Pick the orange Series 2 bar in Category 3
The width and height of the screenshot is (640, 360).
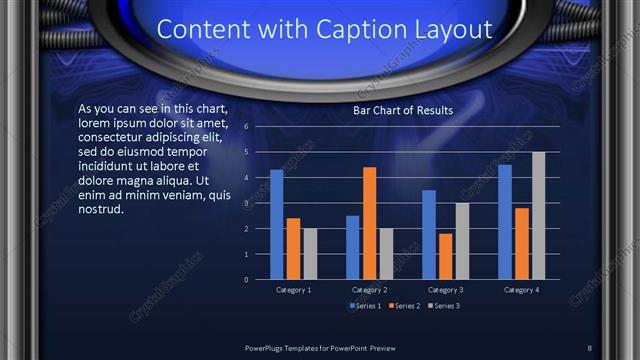pos(445,256)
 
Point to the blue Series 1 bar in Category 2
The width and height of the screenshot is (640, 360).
pos(353,247)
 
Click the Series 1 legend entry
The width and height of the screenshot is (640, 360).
pos(363,305)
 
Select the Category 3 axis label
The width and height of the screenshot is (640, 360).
pos(445,290)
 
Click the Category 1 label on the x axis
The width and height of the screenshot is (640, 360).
pos(293,290)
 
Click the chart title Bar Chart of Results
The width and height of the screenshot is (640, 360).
pos(403,110)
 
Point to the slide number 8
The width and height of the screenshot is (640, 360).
pos(590,345)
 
